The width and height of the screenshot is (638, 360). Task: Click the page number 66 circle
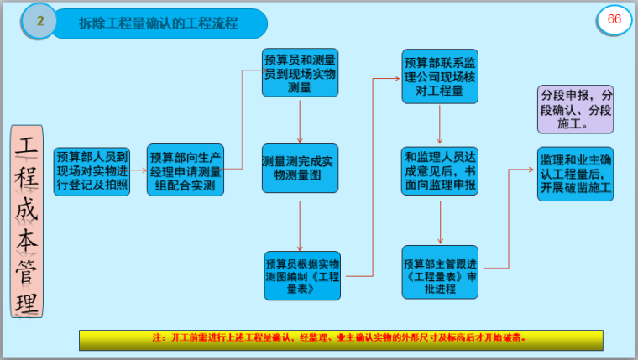[x=614, y=21]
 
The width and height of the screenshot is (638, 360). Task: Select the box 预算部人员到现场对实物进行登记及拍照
[x=92, y=171]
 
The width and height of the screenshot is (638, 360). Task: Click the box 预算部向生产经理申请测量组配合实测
[x=186, y=171]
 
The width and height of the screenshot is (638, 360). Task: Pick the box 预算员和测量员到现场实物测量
[x=300, y=73]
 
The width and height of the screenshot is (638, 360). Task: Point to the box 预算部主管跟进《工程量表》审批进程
[x=440, y=270]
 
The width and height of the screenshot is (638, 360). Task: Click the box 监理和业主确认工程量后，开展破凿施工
[x=576, y=175]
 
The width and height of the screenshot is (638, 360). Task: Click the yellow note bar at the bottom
[x=341, y=339]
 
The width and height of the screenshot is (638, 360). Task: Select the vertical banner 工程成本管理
[x=27, y=221]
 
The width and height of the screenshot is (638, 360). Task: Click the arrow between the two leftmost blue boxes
[x=139, y=171]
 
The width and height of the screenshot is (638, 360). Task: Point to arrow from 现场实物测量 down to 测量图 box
[x=300, y=122]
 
